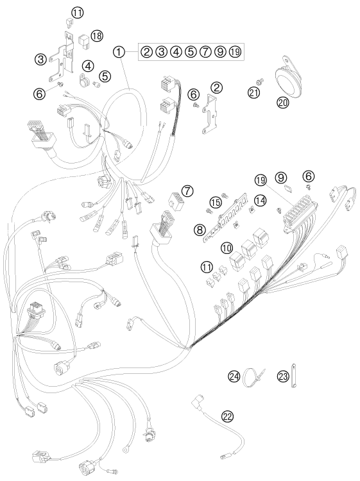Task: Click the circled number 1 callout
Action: click(x=119, y=52)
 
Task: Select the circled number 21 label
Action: click(x=254, y=92)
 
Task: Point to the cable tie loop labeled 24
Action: click(x=253, y=376)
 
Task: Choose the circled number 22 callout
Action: click(x=228, y=416)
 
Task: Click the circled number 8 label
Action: click(x=200, y=229)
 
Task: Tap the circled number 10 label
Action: click(x=227, y=248)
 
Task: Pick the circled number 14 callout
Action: click(x=261, y=201)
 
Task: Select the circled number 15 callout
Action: click(x=216, y=202)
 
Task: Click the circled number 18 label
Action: click(x=98, y=35)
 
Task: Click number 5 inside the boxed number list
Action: click(x=191, y=51)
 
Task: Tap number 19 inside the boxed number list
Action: click(x=235, y=51)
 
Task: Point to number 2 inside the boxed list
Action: click(x=147, y=51)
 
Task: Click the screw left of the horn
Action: click(x=261, y=81)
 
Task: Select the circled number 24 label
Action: click(x=234, y=376)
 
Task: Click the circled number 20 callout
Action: click(x=283, y=102)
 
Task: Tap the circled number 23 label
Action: click(x=283, y=376)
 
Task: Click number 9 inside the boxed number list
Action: click(x=219, y=51)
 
